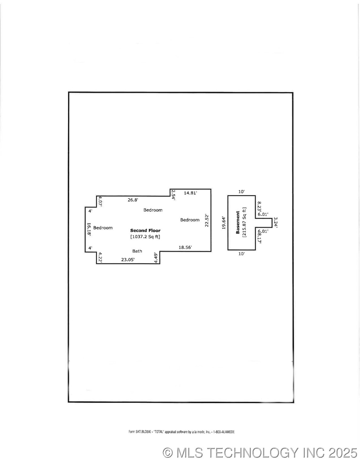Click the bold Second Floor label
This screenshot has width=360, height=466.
click(x=145, y=231)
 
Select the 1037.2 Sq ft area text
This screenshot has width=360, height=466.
click(x=145, y=237)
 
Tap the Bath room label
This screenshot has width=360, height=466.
click(x=137, y=251)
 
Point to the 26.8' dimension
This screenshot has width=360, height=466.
click(x=133, y=200)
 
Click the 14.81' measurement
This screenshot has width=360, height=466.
click(x=190, y=193)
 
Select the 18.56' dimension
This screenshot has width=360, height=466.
click(x=185, y=247)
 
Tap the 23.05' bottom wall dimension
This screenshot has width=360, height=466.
click(x=128, y=259)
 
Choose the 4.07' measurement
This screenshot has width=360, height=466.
click(x=100, y=201)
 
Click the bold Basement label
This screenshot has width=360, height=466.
click(x=238, y=222)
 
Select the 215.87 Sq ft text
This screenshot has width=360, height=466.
click(x=244, y=222)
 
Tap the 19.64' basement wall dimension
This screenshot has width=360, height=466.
click(x=224, y=223)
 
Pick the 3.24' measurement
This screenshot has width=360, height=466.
click(x=276, y=222)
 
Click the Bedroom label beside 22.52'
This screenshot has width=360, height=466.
click(x=190, y=220)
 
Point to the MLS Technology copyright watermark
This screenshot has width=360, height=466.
click(x=260, y=453)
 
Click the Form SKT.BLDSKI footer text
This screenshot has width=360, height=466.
click(x=181, y=432)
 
